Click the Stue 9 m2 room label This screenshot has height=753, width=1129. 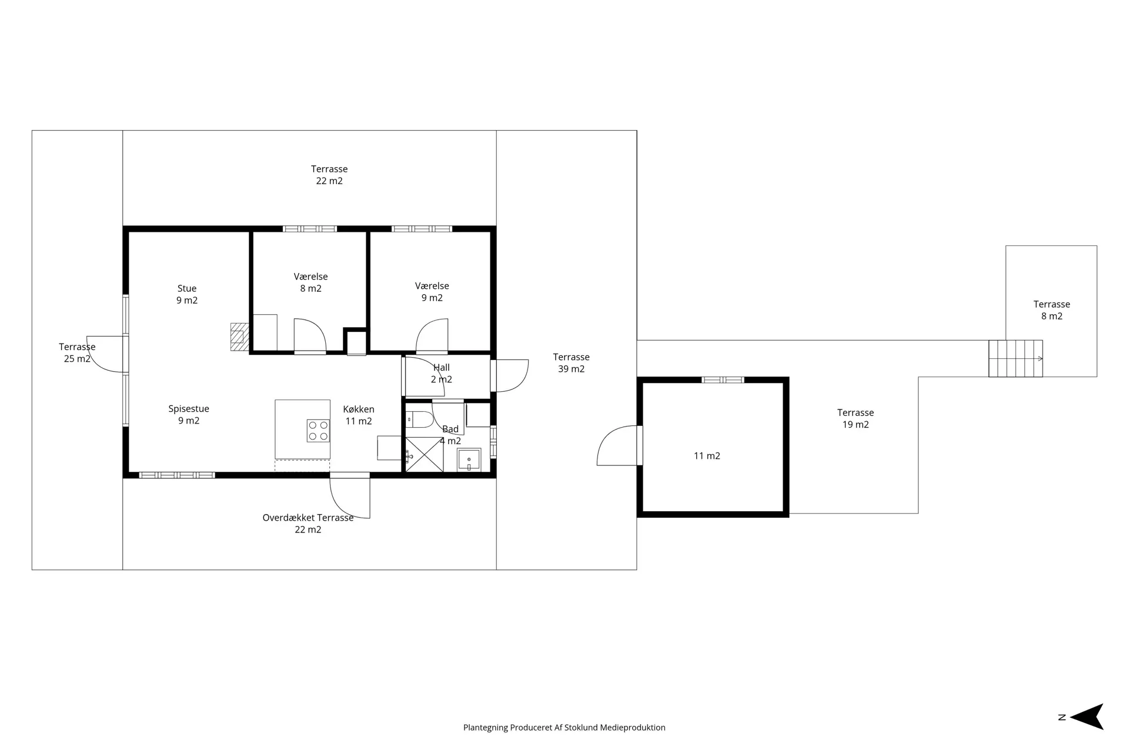click(187, 294)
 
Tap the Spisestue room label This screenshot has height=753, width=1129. click(189, 409)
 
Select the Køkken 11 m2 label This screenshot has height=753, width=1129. click(359, 415)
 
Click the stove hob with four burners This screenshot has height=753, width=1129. click(318, 431)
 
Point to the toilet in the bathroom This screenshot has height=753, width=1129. click(420, 419)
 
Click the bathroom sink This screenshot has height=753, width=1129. click(469, 459)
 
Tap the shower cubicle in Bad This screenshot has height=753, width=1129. click(424, 455)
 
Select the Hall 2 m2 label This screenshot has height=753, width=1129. click(442, 374)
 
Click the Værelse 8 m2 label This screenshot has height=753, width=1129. click(310, 282)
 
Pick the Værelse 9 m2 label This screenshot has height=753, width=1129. click(432, 292)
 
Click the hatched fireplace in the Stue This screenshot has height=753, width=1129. click(238, 336)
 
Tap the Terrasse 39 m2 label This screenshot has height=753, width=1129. click(571, 363)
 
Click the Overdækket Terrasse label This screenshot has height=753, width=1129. click(308, 518)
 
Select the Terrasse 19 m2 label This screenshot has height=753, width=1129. click(856, 418)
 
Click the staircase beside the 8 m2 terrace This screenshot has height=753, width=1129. click(1016, 358)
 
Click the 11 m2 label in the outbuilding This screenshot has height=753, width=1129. click(707, 456)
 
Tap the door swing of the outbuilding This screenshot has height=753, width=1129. click(617, 445)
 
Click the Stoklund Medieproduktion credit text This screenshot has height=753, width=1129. click(564, 728)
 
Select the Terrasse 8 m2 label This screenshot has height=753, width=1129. click(1052, 310)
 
